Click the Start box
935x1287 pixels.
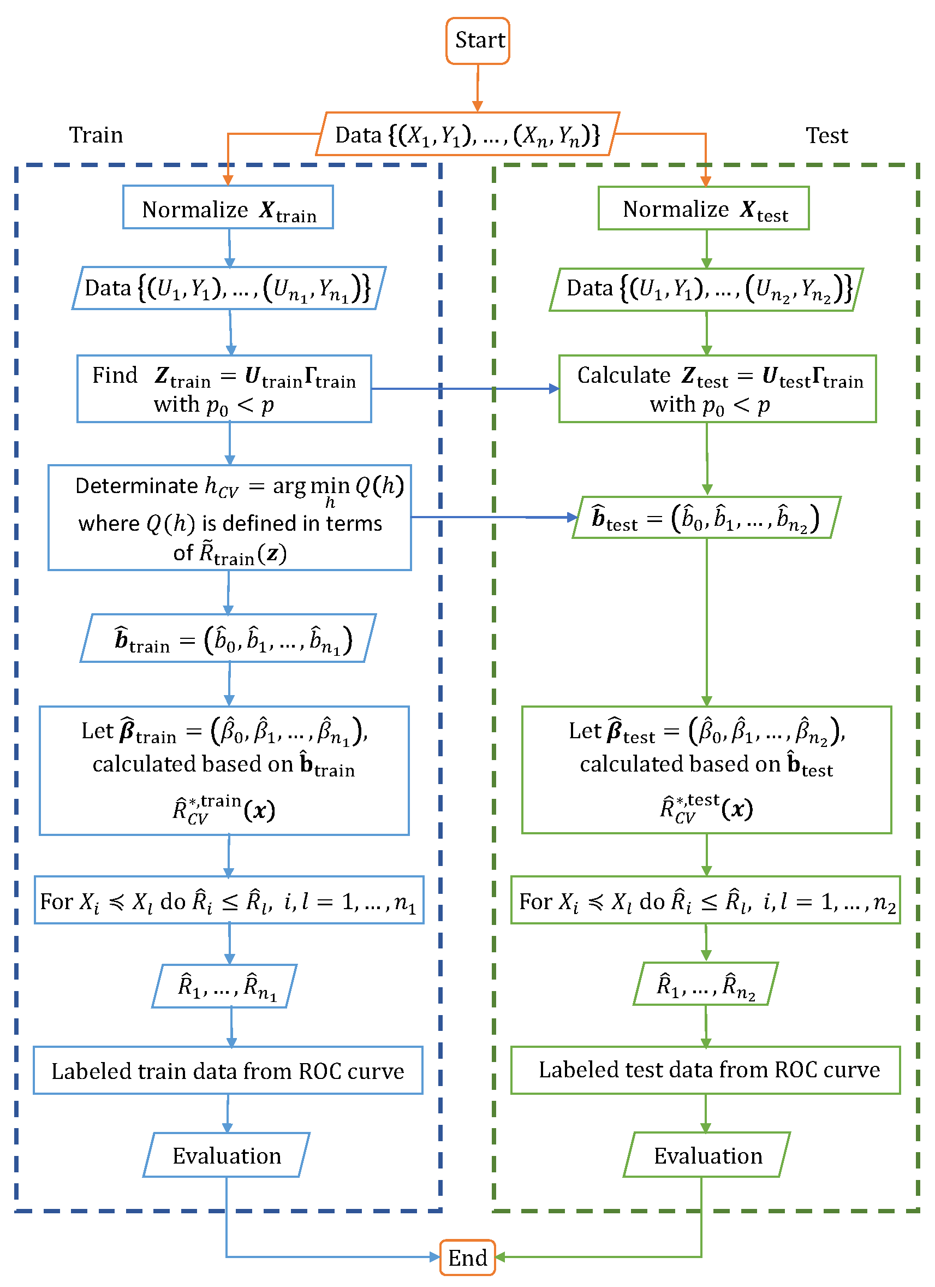pos(478,40)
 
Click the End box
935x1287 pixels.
pos(467,1258)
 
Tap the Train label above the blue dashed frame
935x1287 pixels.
pos(96,135)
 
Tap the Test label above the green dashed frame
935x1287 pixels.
pos(826,135)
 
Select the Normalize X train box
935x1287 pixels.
pos(228,207)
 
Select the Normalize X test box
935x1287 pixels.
pos(704,208)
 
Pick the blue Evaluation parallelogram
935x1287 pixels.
pos(227,1155)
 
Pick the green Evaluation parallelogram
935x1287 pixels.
pos(707,1155)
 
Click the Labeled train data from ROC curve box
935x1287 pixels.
pos(228,1070)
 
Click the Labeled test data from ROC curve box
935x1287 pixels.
pos(706,1070)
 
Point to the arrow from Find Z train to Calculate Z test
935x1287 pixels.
pos(465,389)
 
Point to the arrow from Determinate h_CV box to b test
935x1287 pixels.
pos(493,517)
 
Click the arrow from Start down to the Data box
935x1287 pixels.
pos(478,88)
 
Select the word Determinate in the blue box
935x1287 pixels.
pos(136,486)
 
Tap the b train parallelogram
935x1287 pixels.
pos(228,638)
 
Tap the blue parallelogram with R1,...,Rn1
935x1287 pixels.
pos(225,986)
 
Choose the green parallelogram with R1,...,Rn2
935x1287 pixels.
pos(705,984)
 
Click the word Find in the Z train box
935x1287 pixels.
pos(115,375)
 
